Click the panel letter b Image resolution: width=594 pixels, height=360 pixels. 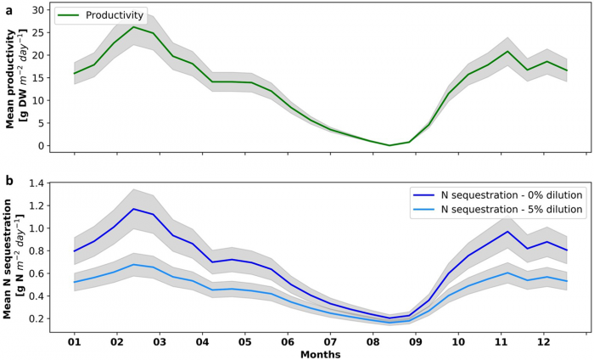tap(6, 180)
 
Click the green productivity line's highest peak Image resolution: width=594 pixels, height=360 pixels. tap(133, 26)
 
